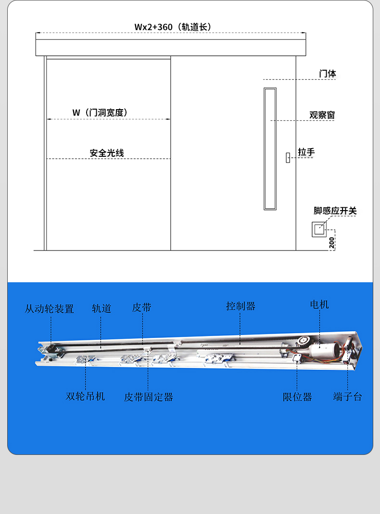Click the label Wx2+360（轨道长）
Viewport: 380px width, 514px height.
173,27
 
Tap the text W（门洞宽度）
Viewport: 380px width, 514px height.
100,113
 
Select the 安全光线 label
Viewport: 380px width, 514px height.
107,153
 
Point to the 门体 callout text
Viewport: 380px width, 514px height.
327,74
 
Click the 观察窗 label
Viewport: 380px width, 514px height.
322,115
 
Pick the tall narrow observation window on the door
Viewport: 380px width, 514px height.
270,149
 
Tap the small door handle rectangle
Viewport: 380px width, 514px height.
288,158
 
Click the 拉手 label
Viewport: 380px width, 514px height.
306,152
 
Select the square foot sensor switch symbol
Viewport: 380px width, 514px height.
319,229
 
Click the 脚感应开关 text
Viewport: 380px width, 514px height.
335,211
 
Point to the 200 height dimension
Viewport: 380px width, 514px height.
331,243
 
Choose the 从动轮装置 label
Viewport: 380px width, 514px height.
49,309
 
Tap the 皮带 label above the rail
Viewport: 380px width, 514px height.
141,307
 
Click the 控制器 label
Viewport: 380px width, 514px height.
241,306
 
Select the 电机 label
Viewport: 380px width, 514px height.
319,304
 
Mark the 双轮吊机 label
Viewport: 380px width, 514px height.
85,396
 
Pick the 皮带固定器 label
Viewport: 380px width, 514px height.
148,397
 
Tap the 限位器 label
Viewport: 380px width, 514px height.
297,397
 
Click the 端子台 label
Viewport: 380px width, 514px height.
348,397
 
